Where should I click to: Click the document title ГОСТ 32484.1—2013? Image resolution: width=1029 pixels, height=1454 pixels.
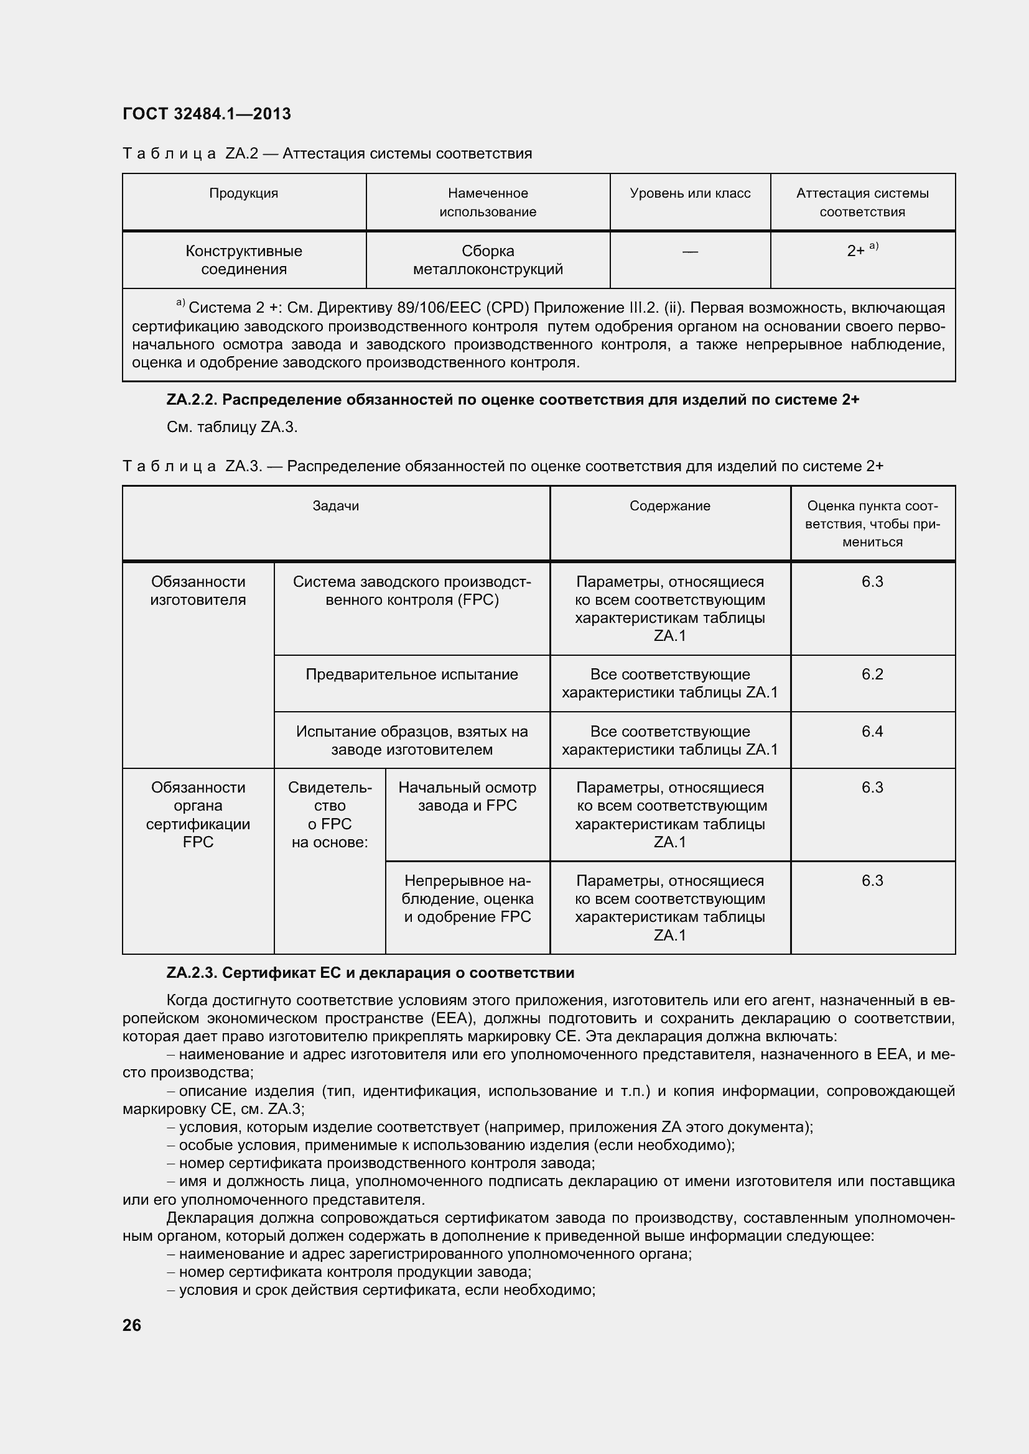(x=207, y=114)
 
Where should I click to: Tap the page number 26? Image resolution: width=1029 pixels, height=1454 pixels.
(x=132, y=1325)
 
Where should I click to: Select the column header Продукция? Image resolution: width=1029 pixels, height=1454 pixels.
(x=244, y=193)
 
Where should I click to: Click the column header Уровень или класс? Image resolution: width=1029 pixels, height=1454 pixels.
(x=690, y=193)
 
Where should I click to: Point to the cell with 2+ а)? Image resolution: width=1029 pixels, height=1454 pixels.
(x=862, y=250)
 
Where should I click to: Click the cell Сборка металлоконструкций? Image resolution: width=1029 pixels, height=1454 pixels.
(x=488, y=260)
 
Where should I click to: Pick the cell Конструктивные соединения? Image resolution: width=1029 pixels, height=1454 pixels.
(x=244, y=260)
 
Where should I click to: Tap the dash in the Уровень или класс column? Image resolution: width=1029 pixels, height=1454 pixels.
(x=690, y=252)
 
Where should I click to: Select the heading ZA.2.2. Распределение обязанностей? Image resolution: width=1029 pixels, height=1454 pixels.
(x=512, y=400)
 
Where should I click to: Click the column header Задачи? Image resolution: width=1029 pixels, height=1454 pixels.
(x=336, y=506)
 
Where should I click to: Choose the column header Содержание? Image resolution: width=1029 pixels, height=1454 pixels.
(x=670, y=506)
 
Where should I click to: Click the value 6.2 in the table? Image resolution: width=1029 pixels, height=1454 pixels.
(x=872, y=674)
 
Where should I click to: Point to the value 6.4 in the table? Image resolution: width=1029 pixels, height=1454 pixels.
(x=872, y=732)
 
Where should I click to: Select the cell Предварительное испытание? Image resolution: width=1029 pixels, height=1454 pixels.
(x=412, y=674)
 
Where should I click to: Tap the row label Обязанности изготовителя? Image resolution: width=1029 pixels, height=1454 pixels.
(x=198, y=591)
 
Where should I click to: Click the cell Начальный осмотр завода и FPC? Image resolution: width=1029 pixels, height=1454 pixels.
(x=467, y=797)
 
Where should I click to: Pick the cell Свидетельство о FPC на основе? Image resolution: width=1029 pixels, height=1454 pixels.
(x=330, y=815)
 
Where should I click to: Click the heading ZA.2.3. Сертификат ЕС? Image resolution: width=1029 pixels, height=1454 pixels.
(x=370, y=973)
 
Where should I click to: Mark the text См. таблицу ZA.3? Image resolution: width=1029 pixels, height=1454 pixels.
(x=232, y=427)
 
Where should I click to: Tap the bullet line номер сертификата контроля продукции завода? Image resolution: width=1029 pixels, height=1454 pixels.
(x=355, y=1272)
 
